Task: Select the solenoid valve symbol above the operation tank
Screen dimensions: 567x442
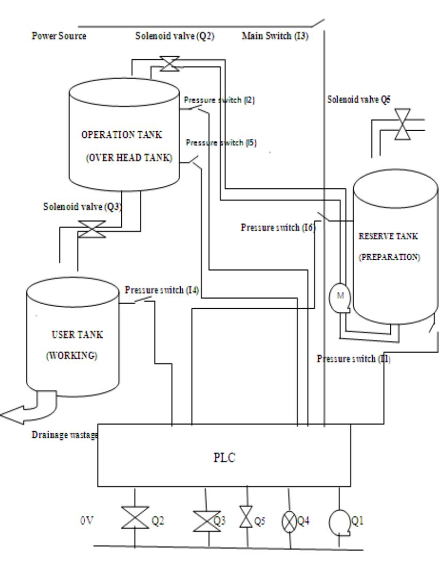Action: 167,64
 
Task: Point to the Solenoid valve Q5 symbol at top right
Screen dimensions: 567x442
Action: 400,124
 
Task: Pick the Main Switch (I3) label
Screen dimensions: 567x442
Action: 275,36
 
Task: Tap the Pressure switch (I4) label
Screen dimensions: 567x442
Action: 162,290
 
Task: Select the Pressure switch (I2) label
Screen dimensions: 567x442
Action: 220,100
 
